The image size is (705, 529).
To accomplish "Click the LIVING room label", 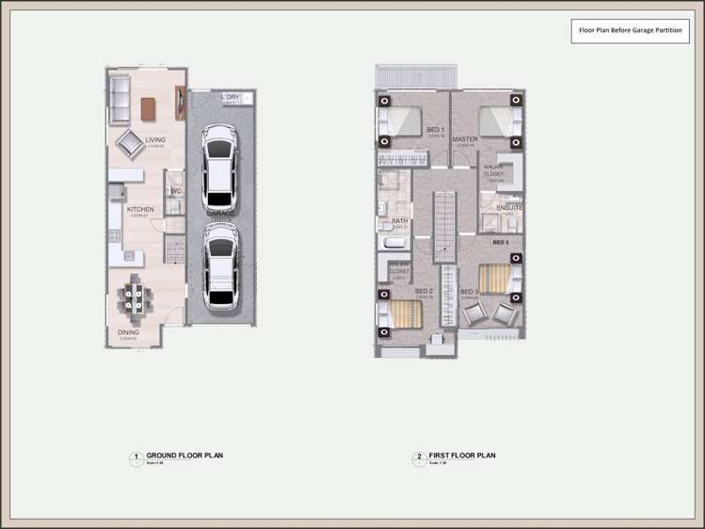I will click(x=155, y=140).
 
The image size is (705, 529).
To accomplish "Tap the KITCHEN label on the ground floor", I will click(x=140, y=210).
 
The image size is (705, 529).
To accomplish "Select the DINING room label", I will click(x=128, y=332).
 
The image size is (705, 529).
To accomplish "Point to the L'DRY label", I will click(x=231, y=97).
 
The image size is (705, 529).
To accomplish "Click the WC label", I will click(x=176, y=191).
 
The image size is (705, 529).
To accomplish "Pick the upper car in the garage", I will click(x=220, y=168).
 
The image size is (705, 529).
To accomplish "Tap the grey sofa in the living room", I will click(x=118, y=101).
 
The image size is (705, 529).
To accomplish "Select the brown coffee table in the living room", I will click(x=149, y=108).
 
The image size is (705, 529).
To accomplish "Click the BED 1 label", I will click(x=435, y=130).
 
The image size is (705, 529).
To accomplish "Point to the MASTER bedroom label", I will click(x=465, y=139).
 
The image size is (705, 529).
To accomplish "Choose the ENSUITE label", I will click(x=509, y=207).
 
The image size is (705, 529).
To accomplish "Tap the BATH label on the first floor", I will click(x=400, y=221).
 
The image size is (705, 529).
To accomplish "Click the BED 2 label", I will click(x=424, y=292).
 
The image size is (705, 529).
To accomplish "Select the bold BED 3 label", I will click(x=501, y=242).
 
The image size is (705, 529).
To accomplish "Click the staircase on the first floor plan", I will click(x=444, y=226).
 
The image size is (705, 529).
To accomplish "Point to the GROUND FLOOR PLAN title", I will click(x=184, y=456).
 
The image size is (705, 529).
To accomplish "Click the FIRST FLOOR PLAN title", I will click(x=461, y=456).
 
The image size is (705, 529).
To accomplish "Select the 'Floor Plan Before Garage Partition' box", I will click(x=630, y=30).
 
